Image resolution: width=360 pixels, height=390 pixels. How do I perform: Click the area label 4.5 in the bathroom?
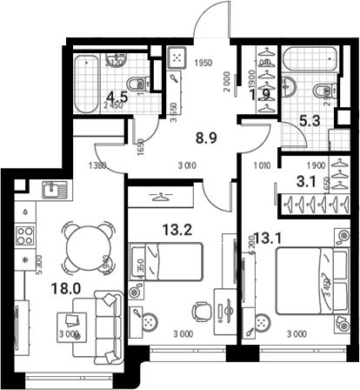pyautogui.click(x=105, y=97)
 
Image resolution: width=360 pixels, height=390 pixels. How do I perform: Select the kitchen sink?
pyautogui.click(x=49, y=189)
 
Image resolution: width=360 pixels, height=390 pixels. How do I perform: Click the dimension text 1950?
pyautogui.click(x=204, y=63)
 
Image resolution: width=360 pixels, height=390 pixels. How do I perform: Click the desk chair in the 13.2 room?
pyautogui.click(x=200, y=310)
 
